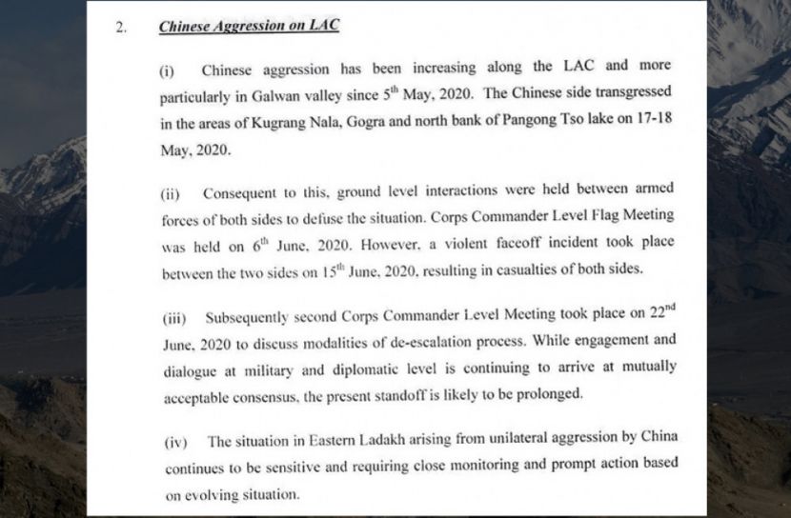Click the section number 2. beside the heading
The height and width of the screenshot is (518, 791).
(120, 29)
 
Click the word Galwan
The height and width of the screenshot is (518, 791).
(281, 98)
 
